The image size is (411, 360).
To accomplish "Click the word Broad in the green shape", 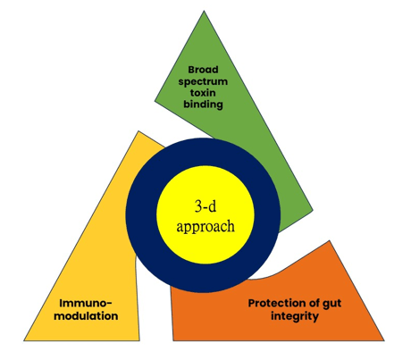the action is [x=203, y=70].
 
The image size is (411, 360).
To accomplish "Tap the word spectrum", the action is [x=203, y=81].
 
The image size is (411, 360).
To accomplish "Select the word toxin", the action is [x=203, y=93].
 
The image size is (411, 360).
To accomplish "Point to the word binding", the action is [x=203, y=105].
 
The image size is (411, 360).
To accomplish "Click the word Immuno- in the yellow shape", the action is [x=86, y=303].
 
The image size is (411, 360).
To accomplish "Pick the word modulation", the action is [x=86, y=315].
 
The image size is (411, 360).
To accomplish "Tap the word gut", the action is [x=331, y=304].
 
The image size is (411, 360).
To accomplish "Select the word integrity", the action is [x=295, y=316].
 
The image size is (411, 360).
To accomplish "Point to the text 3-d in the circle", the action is [x=205, y=205].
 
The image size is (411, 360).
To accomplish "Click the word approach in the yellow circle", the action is [x=205, y=227].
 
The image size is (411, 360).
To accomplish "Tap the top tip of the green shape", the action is [x=204, y=12].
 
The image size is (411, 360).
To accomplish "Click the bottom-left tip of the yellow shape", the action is [x=24, y=340].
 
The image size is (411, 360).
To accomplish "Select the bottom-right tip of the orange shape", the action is [x=384, y=340].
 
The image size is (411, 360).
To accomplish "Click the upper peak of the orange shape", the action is [x=330, y=240].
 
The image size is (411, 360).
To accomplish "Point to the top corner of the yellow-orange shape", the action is [x=138, y=131].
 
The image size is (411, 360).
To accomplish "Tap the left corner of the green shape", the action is [x=155, y=101].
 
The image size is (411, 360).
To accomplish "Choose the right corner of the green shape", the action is [x=313, y=210].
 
